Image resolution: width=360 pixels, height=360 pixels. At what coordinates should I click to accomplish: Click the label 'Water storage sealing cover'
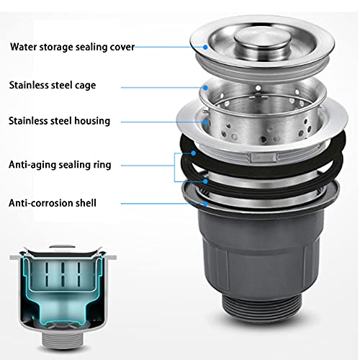[72, 47]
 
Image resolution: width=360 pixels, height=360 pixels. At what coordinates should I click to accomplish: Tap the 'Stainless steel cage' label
[53, 86]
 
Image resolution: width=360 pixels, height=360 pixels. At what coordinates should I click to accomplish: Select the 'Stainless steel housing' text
[59, 121]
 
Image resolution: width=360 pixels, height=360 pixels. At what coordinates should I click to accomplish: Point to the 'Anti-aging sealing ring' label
[60, 165]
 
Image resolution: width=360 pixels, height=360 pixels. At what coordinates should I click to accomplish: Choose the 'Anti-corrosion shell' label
[53, 203]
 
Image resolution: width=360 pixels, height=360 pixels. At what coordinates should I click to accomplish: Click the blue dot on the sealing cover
[205, 48]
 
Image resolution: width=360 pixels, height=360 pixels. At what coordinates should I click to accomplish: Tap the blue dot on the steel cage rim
[205, 88]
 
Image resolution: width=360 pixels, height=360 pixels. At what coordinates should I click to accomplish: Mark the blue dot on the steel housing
[205, 122]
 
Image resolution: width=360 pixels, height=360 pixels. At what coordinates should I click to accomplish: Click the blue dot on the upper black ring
[194, 153]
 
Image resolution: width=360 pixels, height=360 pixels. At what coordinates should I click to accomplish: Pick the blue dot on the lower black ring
[205, 181]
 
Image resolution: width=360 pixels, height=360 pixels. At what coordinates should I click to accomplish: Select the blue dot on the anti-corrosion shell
[205, 204]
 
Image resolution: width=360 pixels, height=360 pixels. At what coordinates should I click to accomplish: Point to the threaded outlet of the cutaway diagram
[63, 338]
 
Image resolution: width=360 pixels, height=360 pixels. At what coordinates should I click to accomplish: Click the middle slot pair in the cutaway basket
[63, 274]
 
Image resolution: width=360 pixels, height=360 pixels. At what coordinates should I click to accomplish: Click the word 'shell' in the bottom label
[86, 203]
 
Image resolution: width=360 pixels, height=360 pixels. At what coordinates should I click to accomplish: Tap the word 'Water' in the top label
[23, 47]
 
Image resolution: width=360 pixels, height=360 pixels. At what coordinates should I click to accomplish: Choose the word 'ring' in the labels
[102, 165]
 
